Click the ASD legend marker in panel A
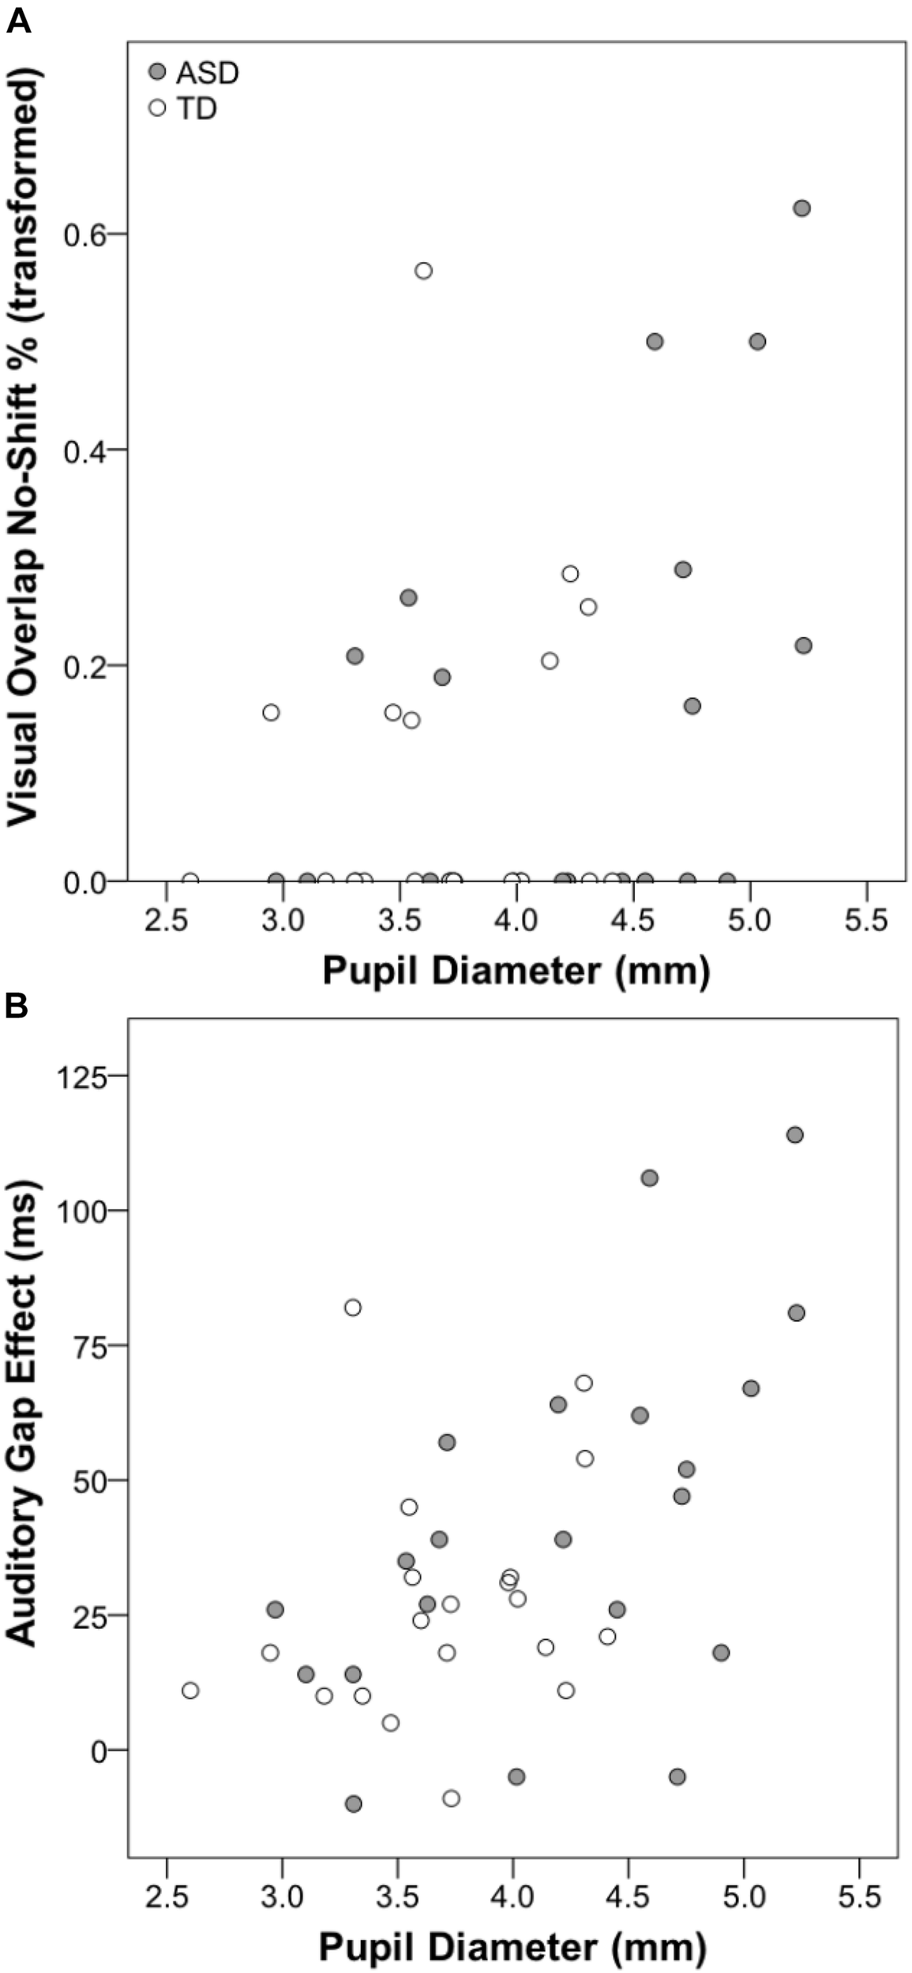(x=158, y=73)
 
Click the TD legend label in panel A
(x=197, y=109)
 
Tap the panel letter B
(x=17, y=1007)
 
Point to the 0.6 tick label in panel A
(x=85, y=234)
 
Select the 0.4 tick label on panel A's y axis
(x=85, y=449)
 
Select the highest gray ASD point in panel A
(x=801, y=208)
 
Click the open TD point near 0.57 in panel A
(x=424, y=271)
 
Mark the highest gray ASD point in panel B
(x=795, y=1135)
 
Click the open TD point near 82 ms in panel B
(x=353, y=1308)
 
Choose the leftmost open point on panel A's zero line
(x=190, y=880)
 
